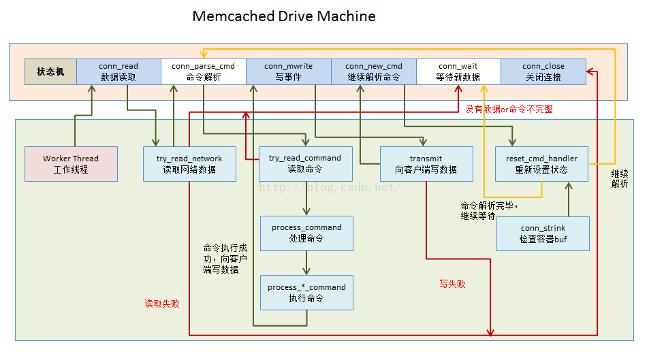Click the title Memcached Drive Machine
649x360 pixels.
coord(283,16)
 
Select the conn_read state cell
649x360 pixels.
coord(118,71)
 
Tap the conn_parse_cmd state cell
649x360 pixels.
coord(203,71)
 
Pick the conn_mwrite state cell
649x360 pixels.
coord(288,71)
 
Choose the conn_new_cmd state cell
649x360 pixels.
coord(373,71)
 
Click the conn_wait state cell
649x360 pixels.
coord(458,71)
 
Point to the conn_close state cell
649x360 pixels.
coord(543,71)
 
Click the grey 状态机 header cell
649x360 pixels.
coord(50,71)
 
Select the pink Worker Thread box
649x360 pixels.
coord(71,164)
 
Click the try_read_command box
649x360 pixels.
coord(305,164)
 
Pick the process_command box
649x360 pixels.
coord(306,233)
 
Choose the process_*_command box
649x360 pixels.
coord(306,293)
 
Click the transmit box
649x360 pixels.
coord(426,164)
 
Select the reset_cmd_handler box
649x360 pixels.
coord(541,164)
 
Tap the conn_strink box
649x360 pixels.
coord(543,233)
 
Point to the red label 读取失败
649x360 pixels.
coord(162,304)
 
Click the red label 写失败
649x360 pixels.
coord(452,284)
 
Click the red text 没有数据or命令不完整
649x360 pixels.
coord(509,109)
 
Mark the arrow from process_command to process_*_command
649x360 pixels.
coord(306,263)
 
